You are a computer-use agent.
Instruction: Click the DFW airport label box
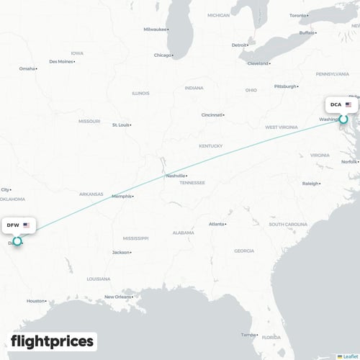(x=18, y=225)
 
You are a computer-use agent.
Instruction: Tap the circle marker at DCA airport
(x=344, y=119)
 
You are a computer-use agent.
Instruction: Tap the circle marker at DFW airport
(x=17, y=241)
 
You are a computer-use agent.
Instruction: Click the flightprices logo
(x=52, y=341)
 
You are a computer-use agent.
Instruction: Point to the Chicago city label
(x=163, y=55)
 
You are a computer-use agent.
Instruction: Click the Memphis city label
(x=122, y=196)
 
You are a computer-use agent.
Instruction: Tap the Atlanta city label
(x=216, y=224)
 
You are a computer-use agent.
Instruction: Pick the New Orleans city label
(x=118, y=297)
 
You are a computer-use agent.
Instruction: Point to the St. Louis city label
(x=120, y=125)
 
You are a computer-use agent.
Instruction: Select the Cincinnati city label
(x=212, y=114)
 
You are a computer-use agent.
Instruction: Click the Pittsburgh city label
(x=286, y=86)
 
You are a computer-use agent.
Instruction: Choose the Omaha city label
(x=27, y=68)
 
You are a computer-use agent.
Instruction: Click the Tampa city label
(x=248, y=334)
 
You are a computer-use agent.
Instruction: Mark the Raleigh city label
(x=310, y=184)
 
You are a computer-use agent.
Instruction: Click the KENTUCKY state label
(x=210, y=146)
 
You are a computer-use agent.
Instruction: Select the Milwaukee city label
(x=155, y=29)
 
